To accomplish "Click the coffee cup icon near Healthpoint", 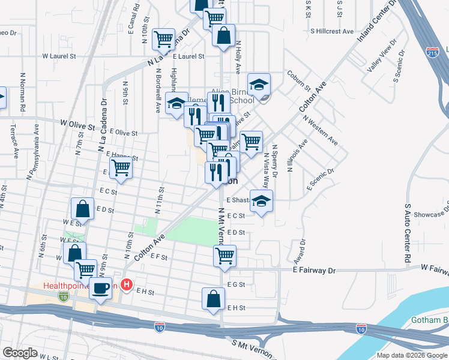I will click(x=100, y=287).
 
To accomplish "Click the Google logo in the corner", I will click(x=20, y=353).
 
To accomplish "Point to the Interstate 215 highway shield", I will click(x=432, y=52).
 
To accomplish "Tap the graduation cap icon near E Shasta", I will click(x=261, y=200).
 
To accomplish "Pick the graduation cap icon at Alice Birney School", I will click(x=259, y=84).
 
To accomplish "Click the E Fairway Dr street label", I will click(x=314, y=271).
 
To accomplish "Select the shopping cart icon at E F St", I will click(x=224, y=256).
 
